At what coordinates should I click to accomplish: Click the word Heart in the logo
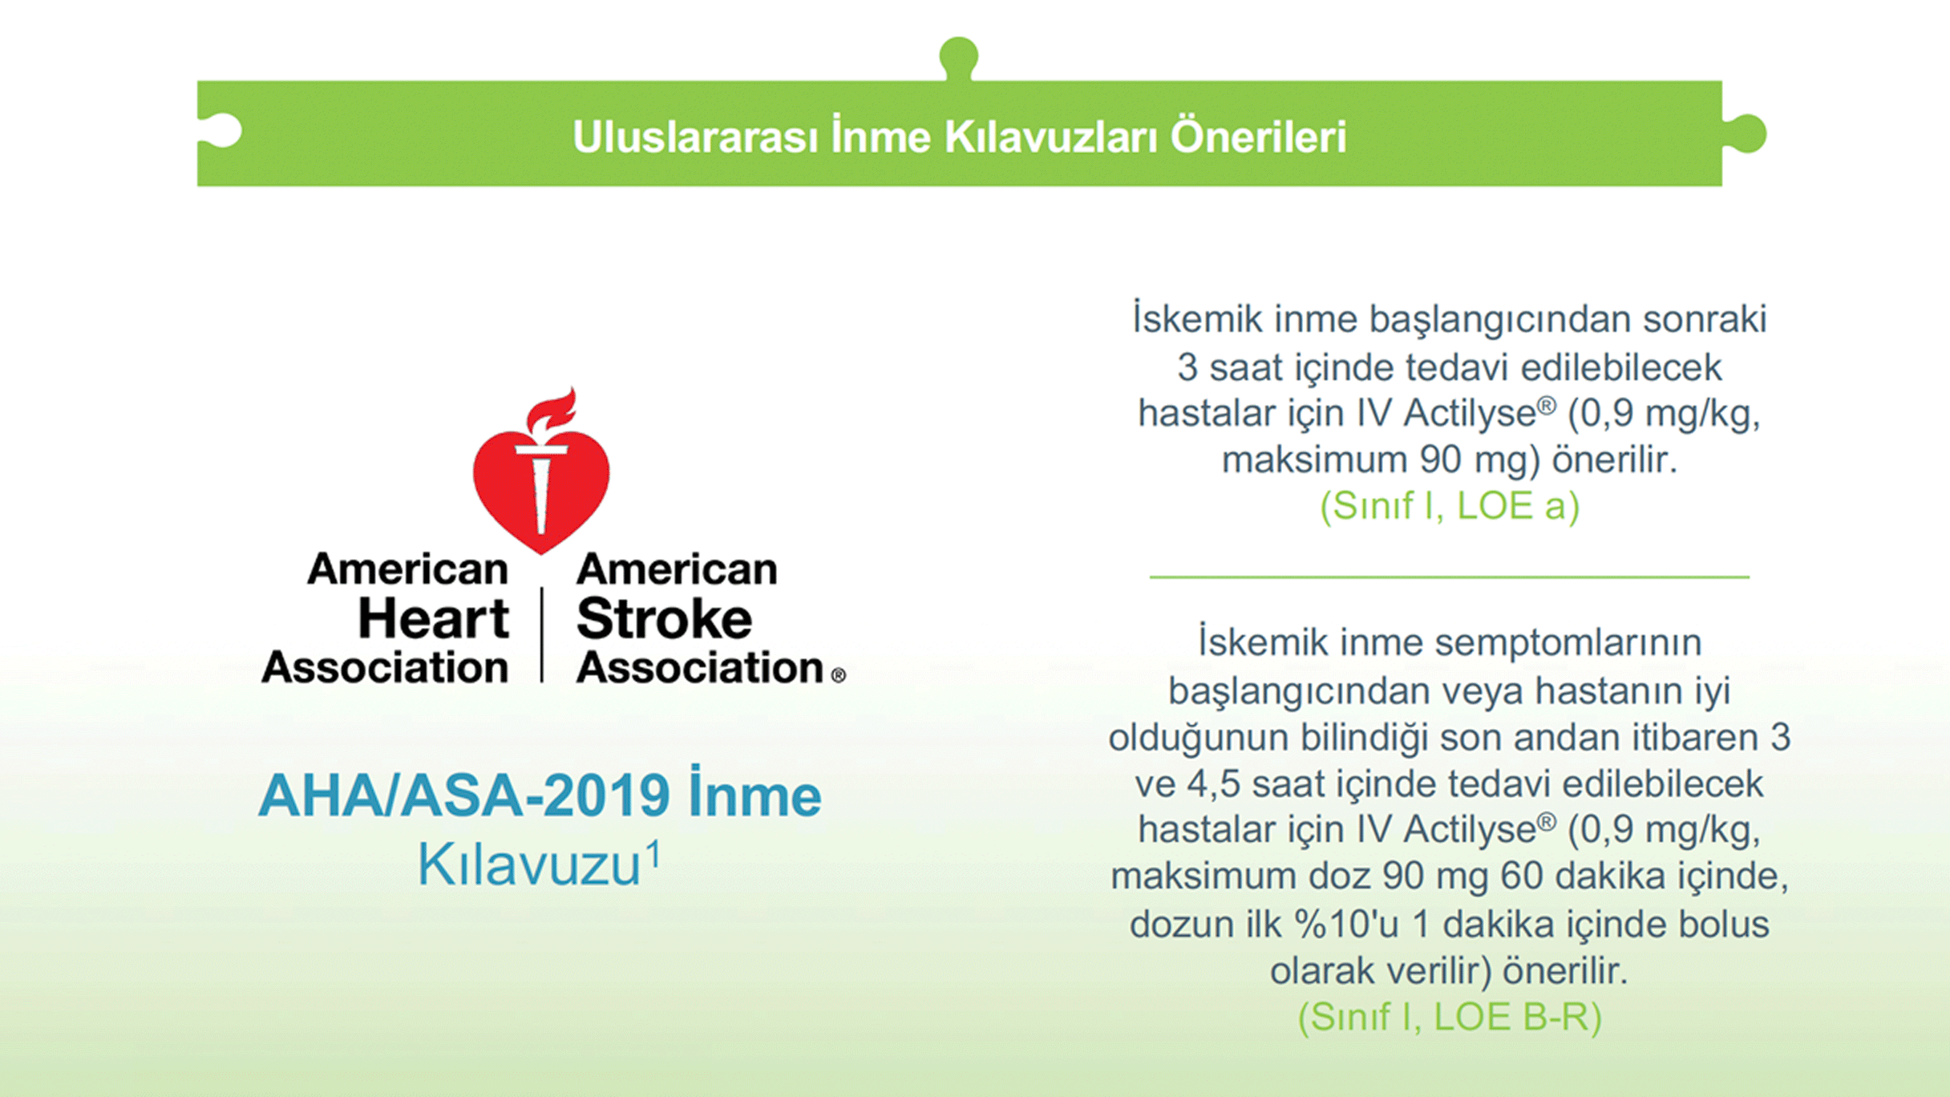tap(433, 618)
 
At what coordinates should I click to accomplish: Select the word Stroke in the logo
tap(664, 618)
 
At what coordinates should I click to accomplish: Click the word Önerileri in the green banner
tap(1258, 136)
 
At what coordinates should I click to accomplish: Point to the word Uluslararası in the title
tap(695, 137)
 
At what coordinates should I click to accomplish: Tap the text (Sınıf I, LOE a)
tap(1450, 506)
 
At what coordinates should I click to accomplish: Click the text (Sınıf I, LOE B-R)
tap(1450, 1017)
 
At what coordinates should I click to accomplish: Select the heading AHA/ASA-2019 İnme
tap(540, 794)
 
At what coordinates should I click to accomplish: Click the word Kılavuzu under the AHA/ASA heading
tap(529, 864)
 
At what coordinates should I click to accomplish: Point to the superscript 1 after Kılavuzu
tap(654, 854)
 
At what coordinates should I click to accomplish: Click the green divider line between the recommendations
tap(1449, 577)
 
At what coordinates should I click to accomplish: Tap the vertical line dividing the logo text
tap(542, 634)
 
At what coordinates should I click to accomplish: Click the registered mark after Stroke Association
tap(839, 675)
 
